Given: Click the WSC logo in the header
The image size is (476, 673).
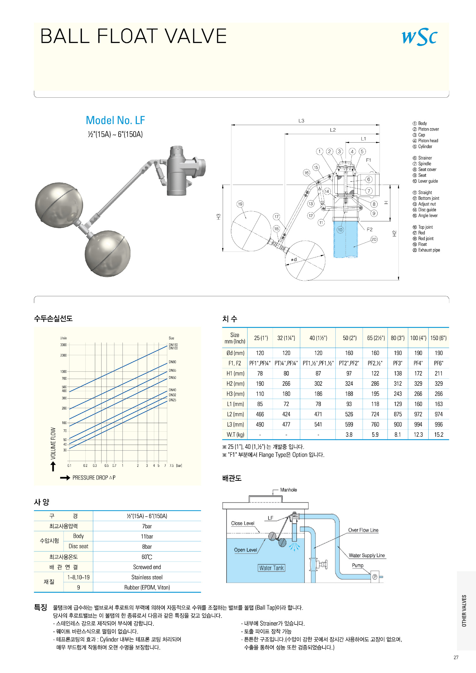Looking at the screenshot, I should coord(420,37).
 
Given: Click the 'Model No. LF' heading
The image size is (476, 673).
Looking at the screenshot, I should coord(115,121).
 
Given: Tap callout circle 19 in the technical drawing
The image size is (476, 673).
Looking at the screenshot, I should coord(240,204).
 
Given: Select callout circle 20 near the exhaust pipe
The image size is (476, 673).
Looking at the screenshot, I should coord(374,239).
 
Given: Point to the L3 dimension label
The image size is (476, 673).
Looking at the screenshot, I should coord(301,121).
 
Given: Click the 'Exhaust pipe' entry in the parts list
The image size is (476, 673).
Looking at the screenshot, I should coord(429,250).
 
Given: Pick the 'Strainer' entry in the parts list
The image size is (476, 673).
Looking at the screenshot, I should coord(425,158).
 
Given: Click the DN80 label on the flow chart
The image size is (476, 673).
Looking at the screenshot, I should coord(172,362).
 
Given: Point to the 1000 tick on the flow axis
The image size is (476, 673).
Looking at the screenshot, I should coord(63,371).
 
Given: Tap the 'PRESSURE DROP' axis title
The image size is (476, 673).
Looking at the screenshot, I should coord(94,478).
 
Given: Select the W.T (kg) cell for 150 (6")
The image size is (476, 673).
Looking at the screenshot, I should coord(439,435).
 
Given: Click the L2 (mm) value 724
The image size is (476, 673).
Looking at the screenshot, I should coord(375,414).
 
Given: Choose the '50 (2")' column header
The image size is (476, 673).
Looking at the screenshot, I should coord(349,338).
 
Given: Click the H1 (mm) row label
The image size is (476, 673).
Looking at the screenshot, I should coord(235,374).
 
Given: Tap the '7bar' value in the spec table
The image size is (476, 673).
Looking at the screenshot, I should coord(147,526).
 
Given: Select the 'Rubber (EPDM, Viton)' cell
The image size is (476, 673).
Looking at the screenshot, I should coord(147,588).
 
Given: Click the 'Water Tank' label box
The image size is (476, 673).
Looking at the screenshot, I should coord(271,568).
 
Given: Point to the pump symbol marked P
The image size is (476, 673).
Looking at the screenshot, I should coord(375,577).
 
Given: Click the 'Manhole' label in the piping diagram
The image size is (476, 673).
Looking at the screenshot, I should coord(288,490).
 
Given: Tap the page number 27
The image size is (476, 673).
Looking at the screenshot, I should coord(456,657).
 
